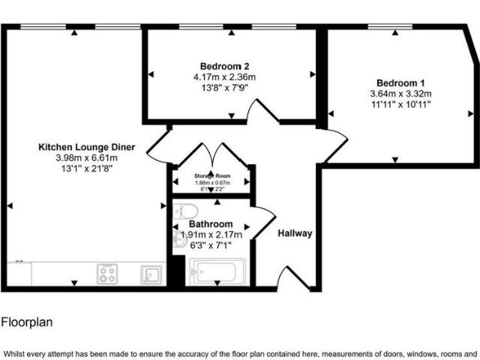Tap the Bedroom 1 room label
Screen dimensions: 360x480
click(400, 82)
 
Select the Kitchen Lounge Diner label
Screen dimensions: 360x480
click(86, 148)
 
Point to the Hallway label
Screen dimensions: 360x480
click(295, 233)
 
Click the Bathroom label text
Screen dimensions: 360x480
click(210, 224)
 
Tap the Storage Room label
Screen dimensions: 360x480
click(212, 175)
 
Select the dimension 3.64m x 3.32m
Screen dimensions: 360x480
click(400, 94)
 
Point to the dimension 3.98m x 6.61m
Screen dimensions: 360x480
click(86, 158)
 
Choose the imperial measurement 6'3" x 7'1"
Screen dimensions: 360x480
click(210, 244)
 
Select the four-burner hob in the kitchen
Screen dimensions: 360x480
click(106, 274)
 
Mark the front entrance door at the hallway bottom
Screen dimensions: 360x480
click(291, 278)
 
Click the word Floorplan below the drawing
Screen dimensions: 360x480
click(26, 322)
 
